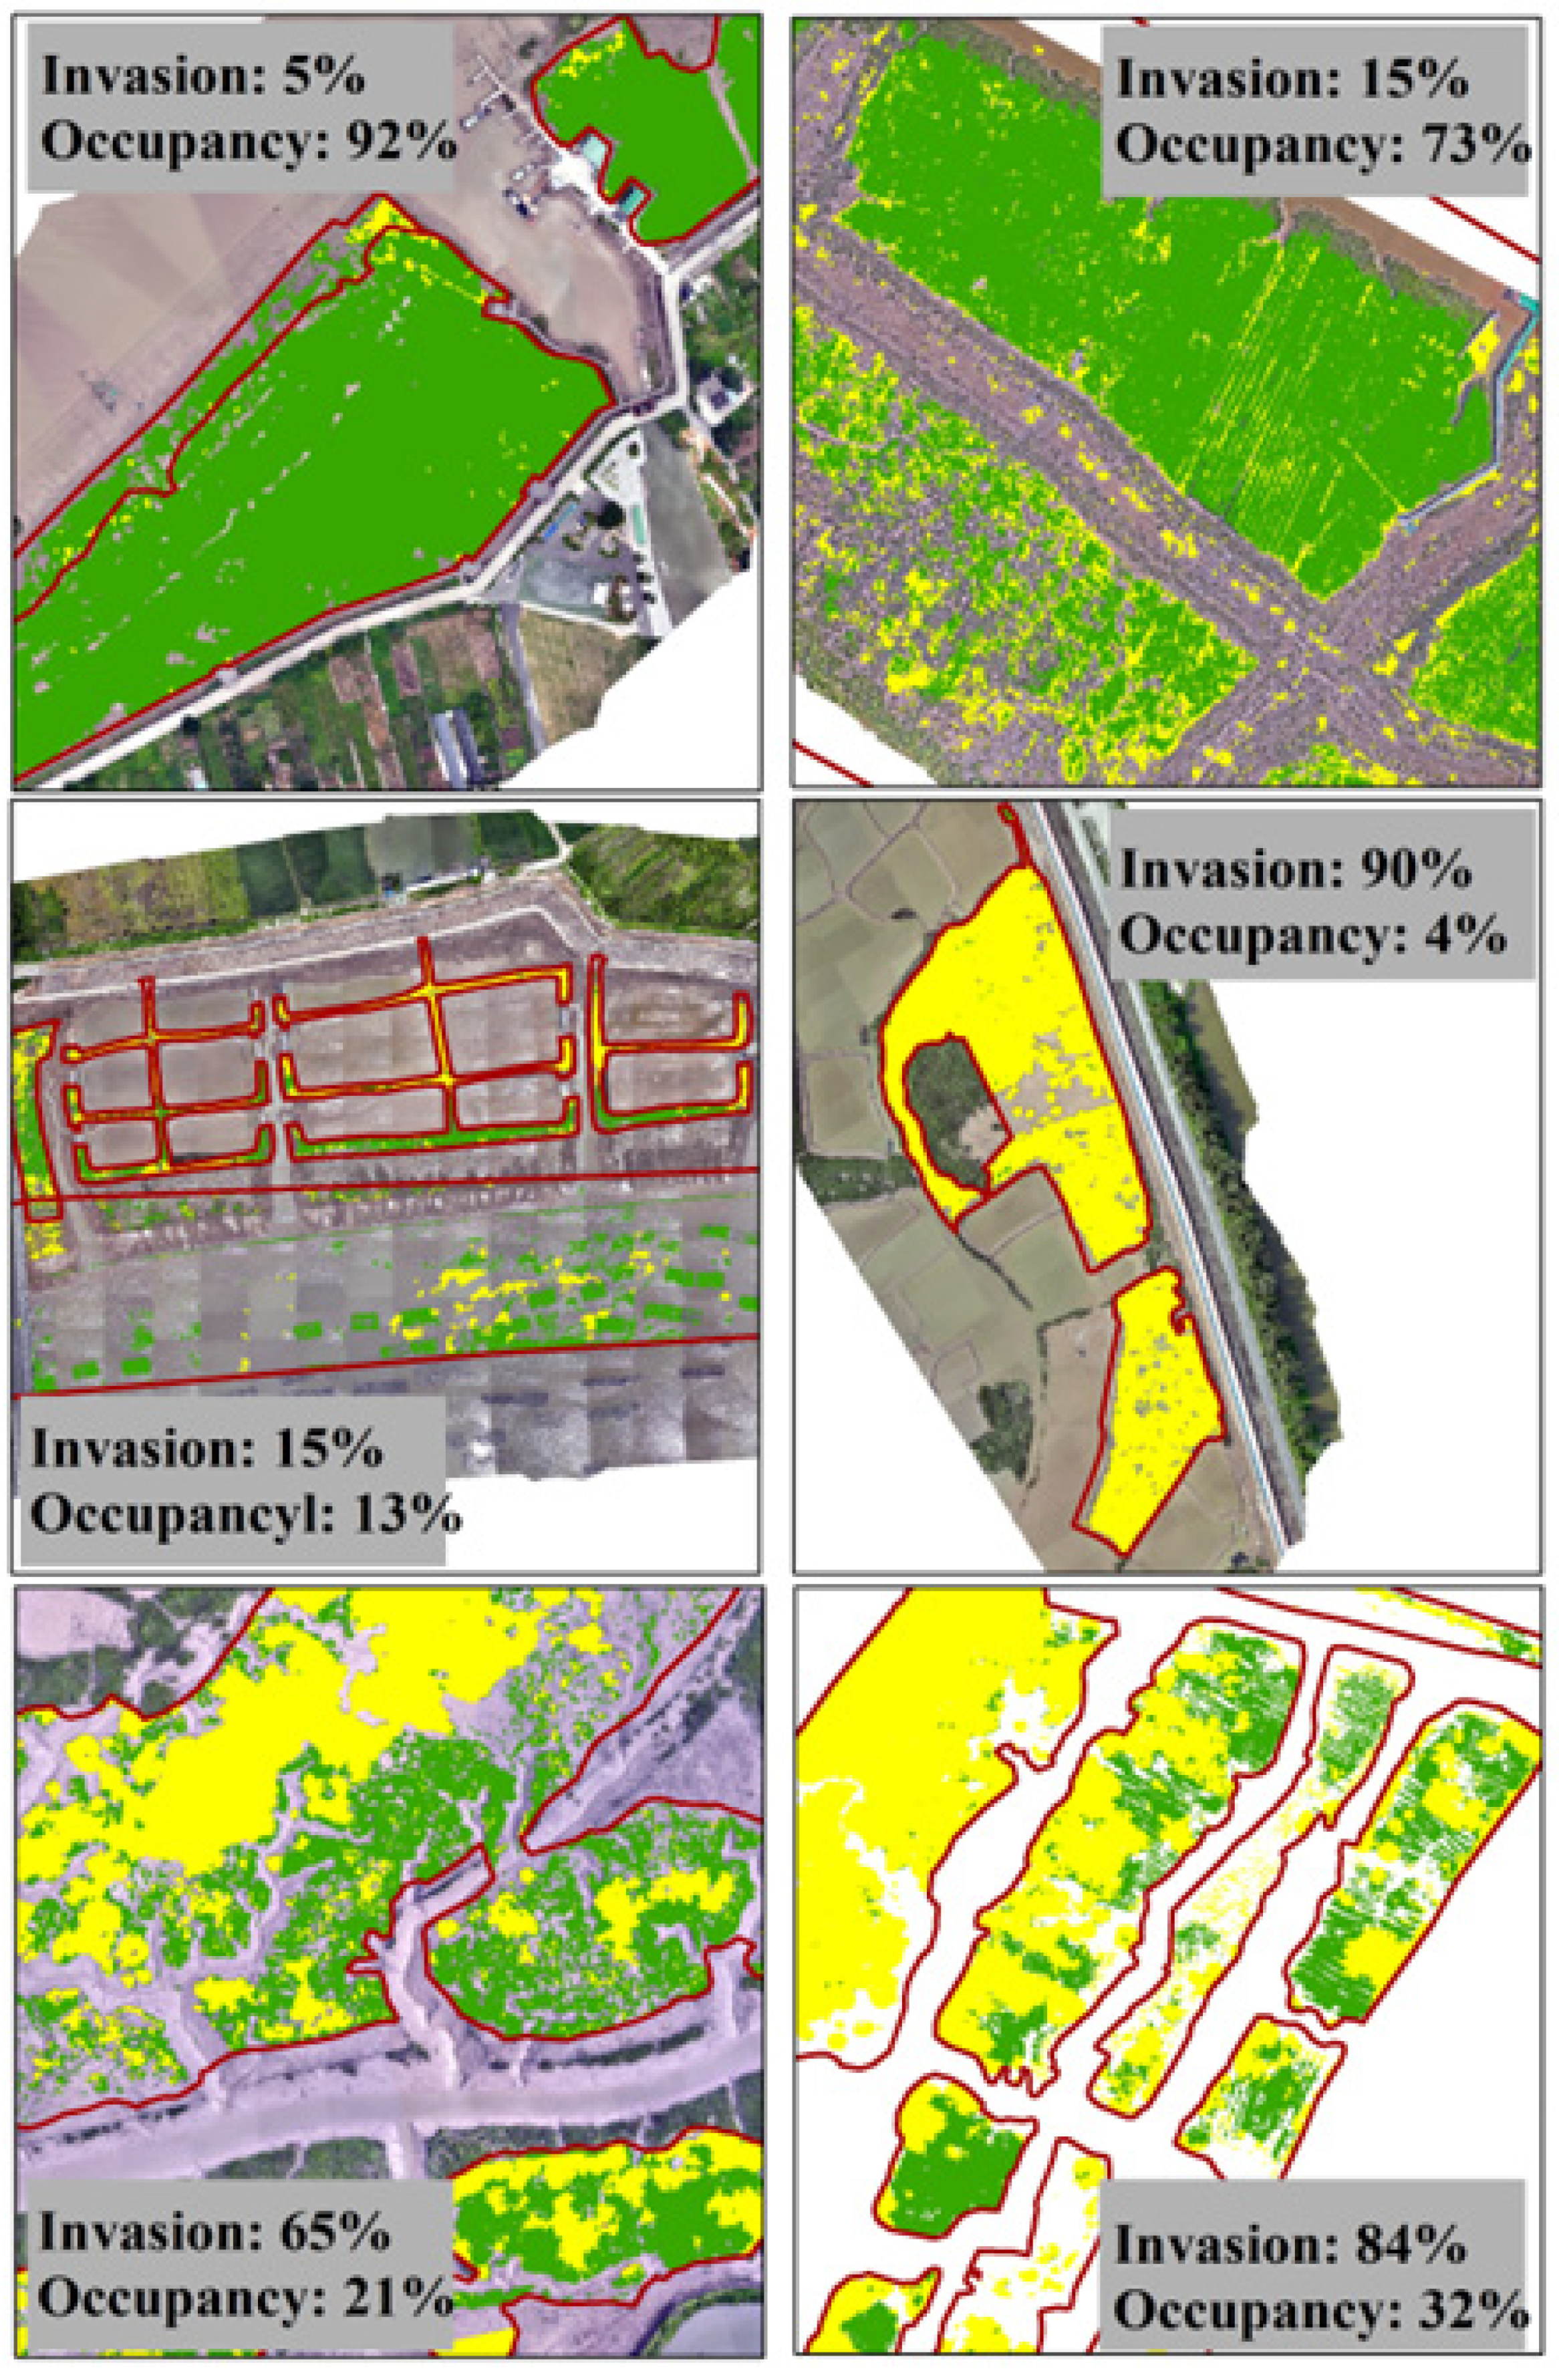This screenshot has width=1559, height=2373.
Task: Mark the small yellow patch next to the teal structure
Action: pyautogui.click(x=1485, y=344)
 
